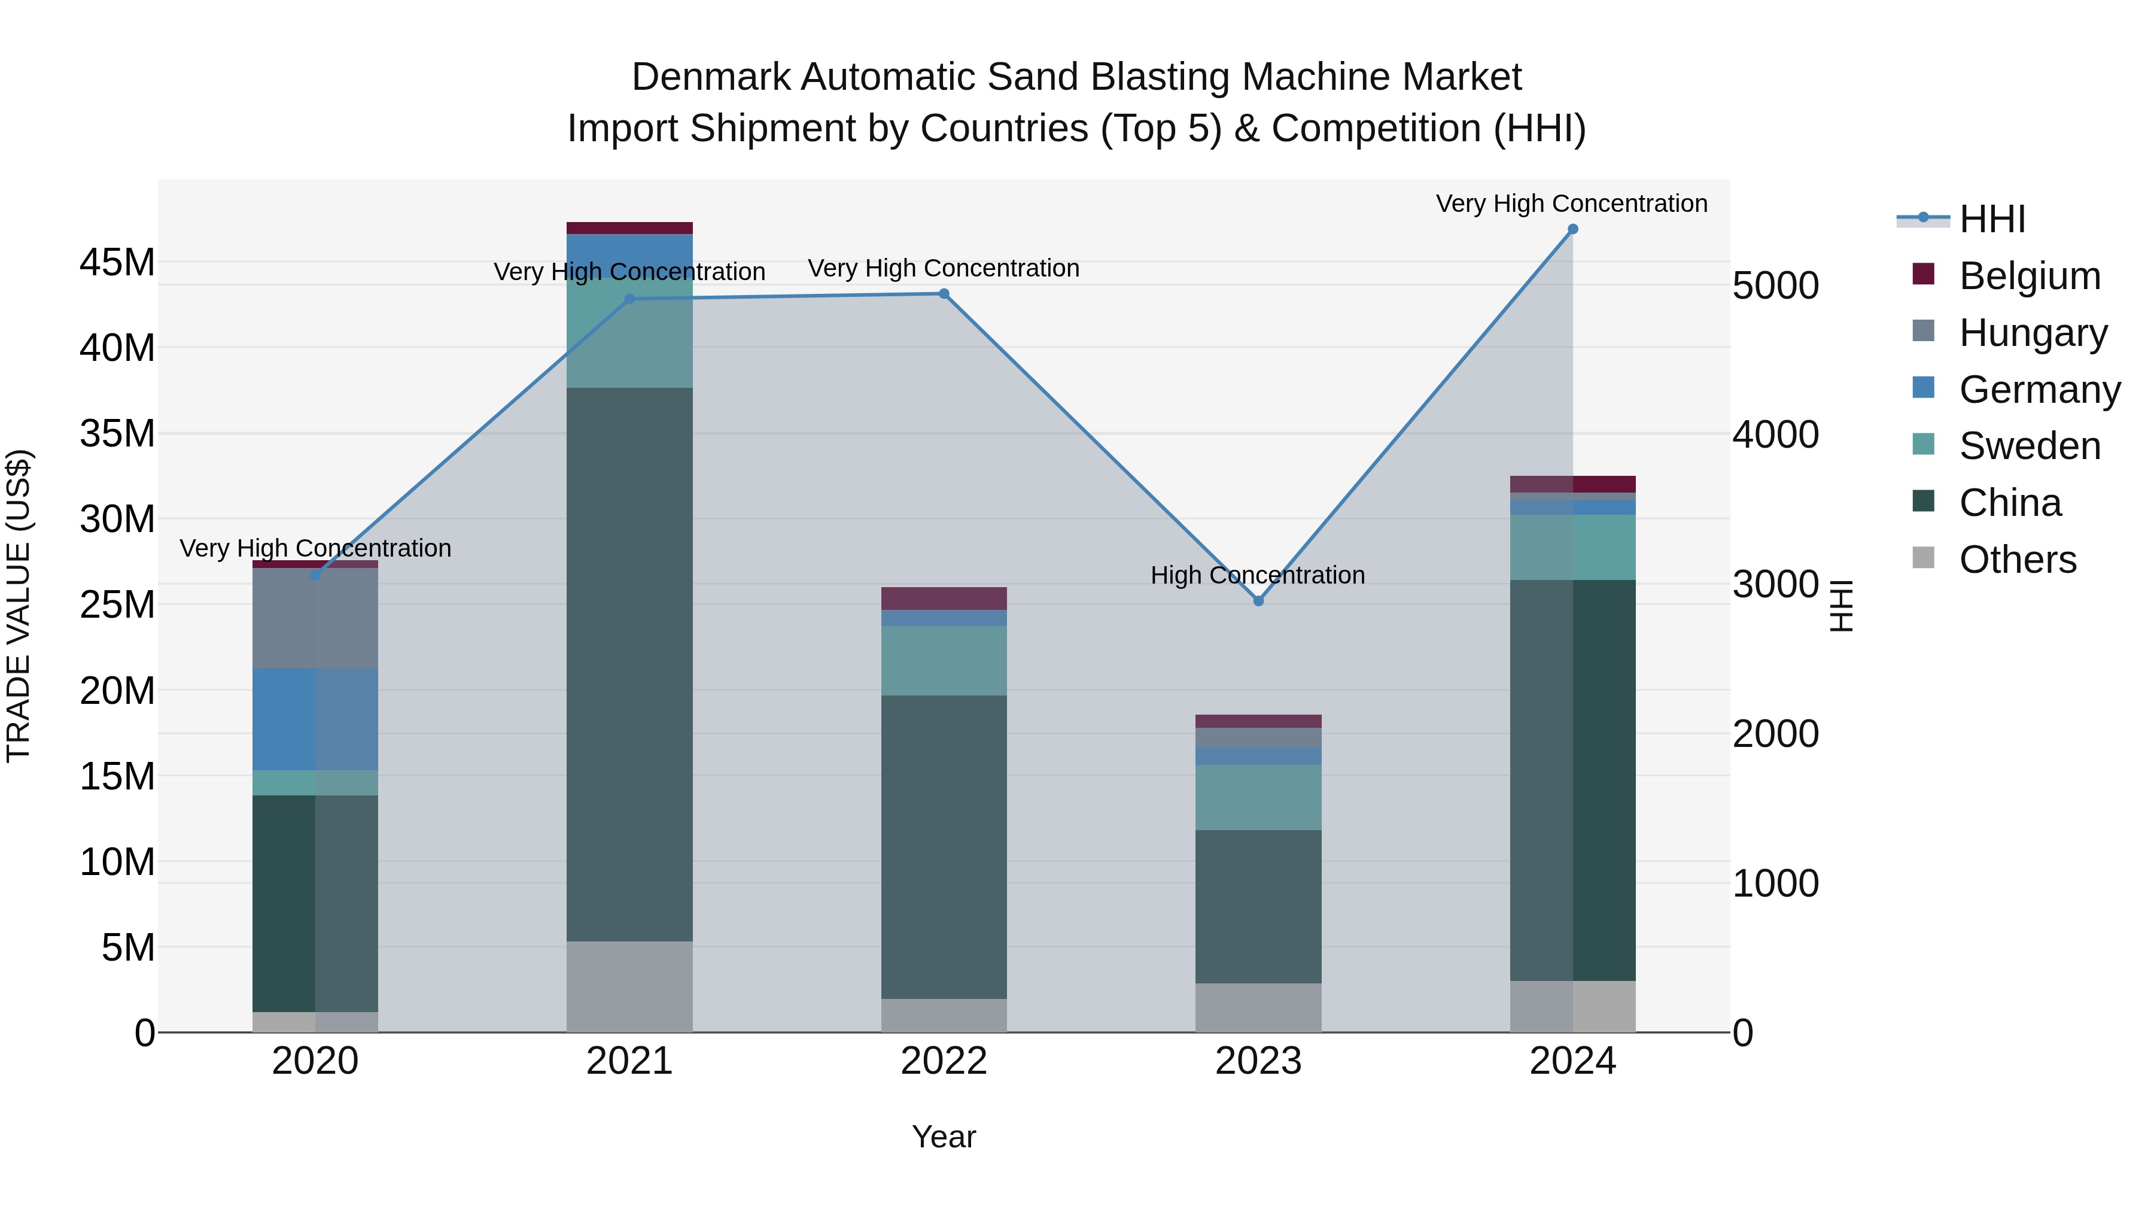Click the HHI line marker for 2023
point(1258,600)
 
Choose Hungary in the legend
point(2032,333)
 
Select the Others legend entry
point(2017,560)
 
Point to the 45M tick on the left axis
point(117,263)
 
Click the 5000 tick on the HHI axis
point(1775,285)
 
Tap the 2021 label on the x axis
point(629,1061)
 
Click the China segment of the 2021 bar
point(629,664)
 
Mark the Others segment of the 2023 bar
point(1258,1007)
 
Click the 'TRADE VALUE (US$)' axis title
point(19,606)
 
